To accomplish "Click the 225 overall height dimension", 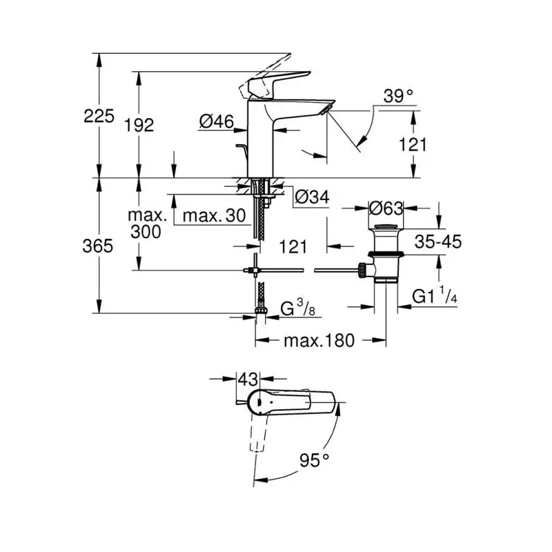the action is [99, 116].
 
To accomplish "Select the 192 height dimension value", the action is [139, 125].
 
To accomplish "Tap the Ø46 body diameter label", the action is [217, 121].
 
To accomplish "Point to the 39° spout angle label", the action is [398, 96].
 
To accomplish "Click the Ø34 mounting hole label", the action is [312, 197].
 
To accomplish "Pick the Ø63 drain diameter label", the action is [386, 208].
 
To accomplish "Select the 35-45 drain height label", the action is [438, 242].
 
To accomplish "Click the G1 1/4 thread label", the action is [435, 296].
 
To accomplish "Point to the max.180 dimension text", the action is [319, 341].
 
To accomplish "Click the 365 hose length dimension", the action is [97, 246].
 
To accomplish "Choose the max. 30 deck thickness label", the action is [214, 215].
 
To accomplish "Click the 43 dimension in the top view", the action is [248, 379].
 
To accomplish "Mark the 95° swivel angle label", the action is [315, 460].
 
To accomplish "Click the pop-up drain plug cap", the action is [386, 226].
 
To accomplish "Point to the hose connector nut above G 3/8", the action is [261, 310].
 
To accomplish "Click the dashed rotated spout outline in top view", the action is [258, 433].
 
